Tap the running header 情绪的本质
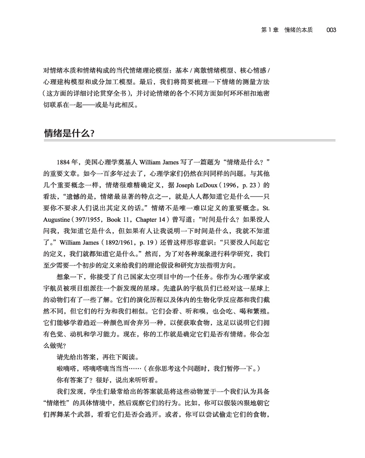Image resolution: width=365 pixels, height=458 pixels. point(298,30)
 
